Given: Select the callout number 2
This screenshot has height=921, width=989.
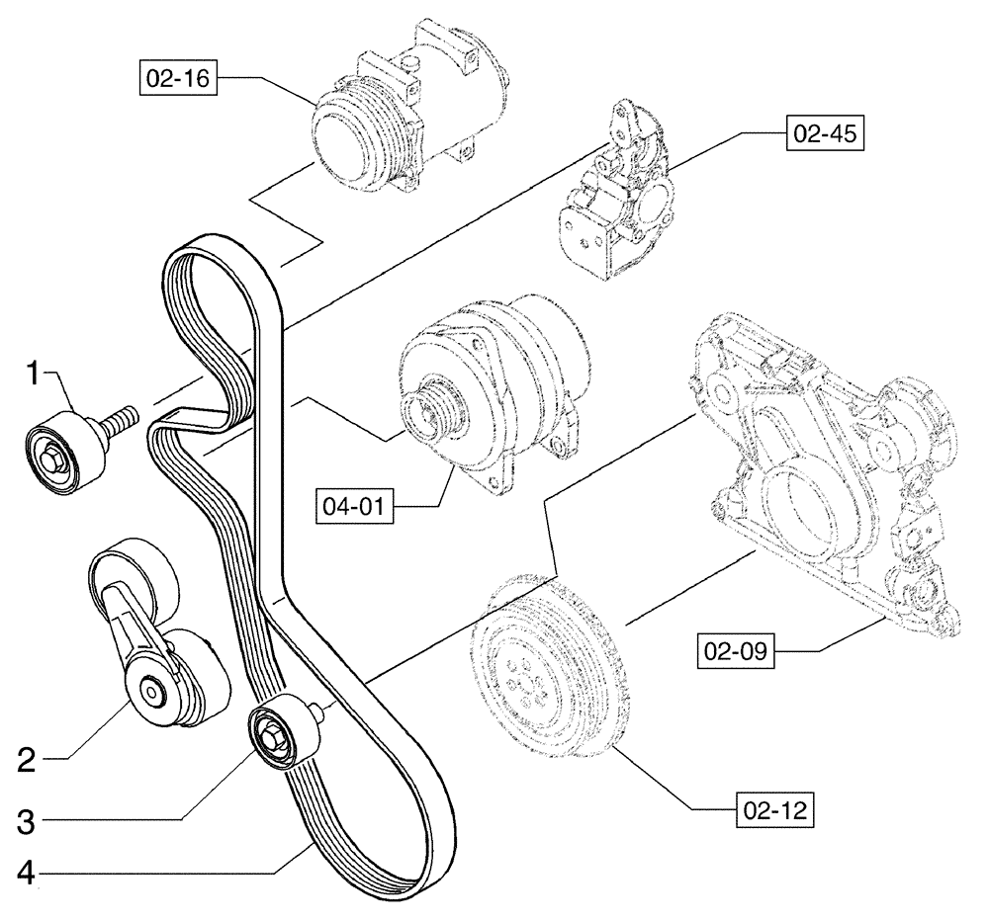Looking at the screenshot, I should [x=28, y=759].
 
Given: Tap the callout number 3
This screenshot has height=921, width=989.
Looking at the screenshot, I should [x=28, y=818].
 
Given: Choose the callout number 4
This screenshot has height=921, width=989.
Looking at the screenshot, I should [x=28, y=874].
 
